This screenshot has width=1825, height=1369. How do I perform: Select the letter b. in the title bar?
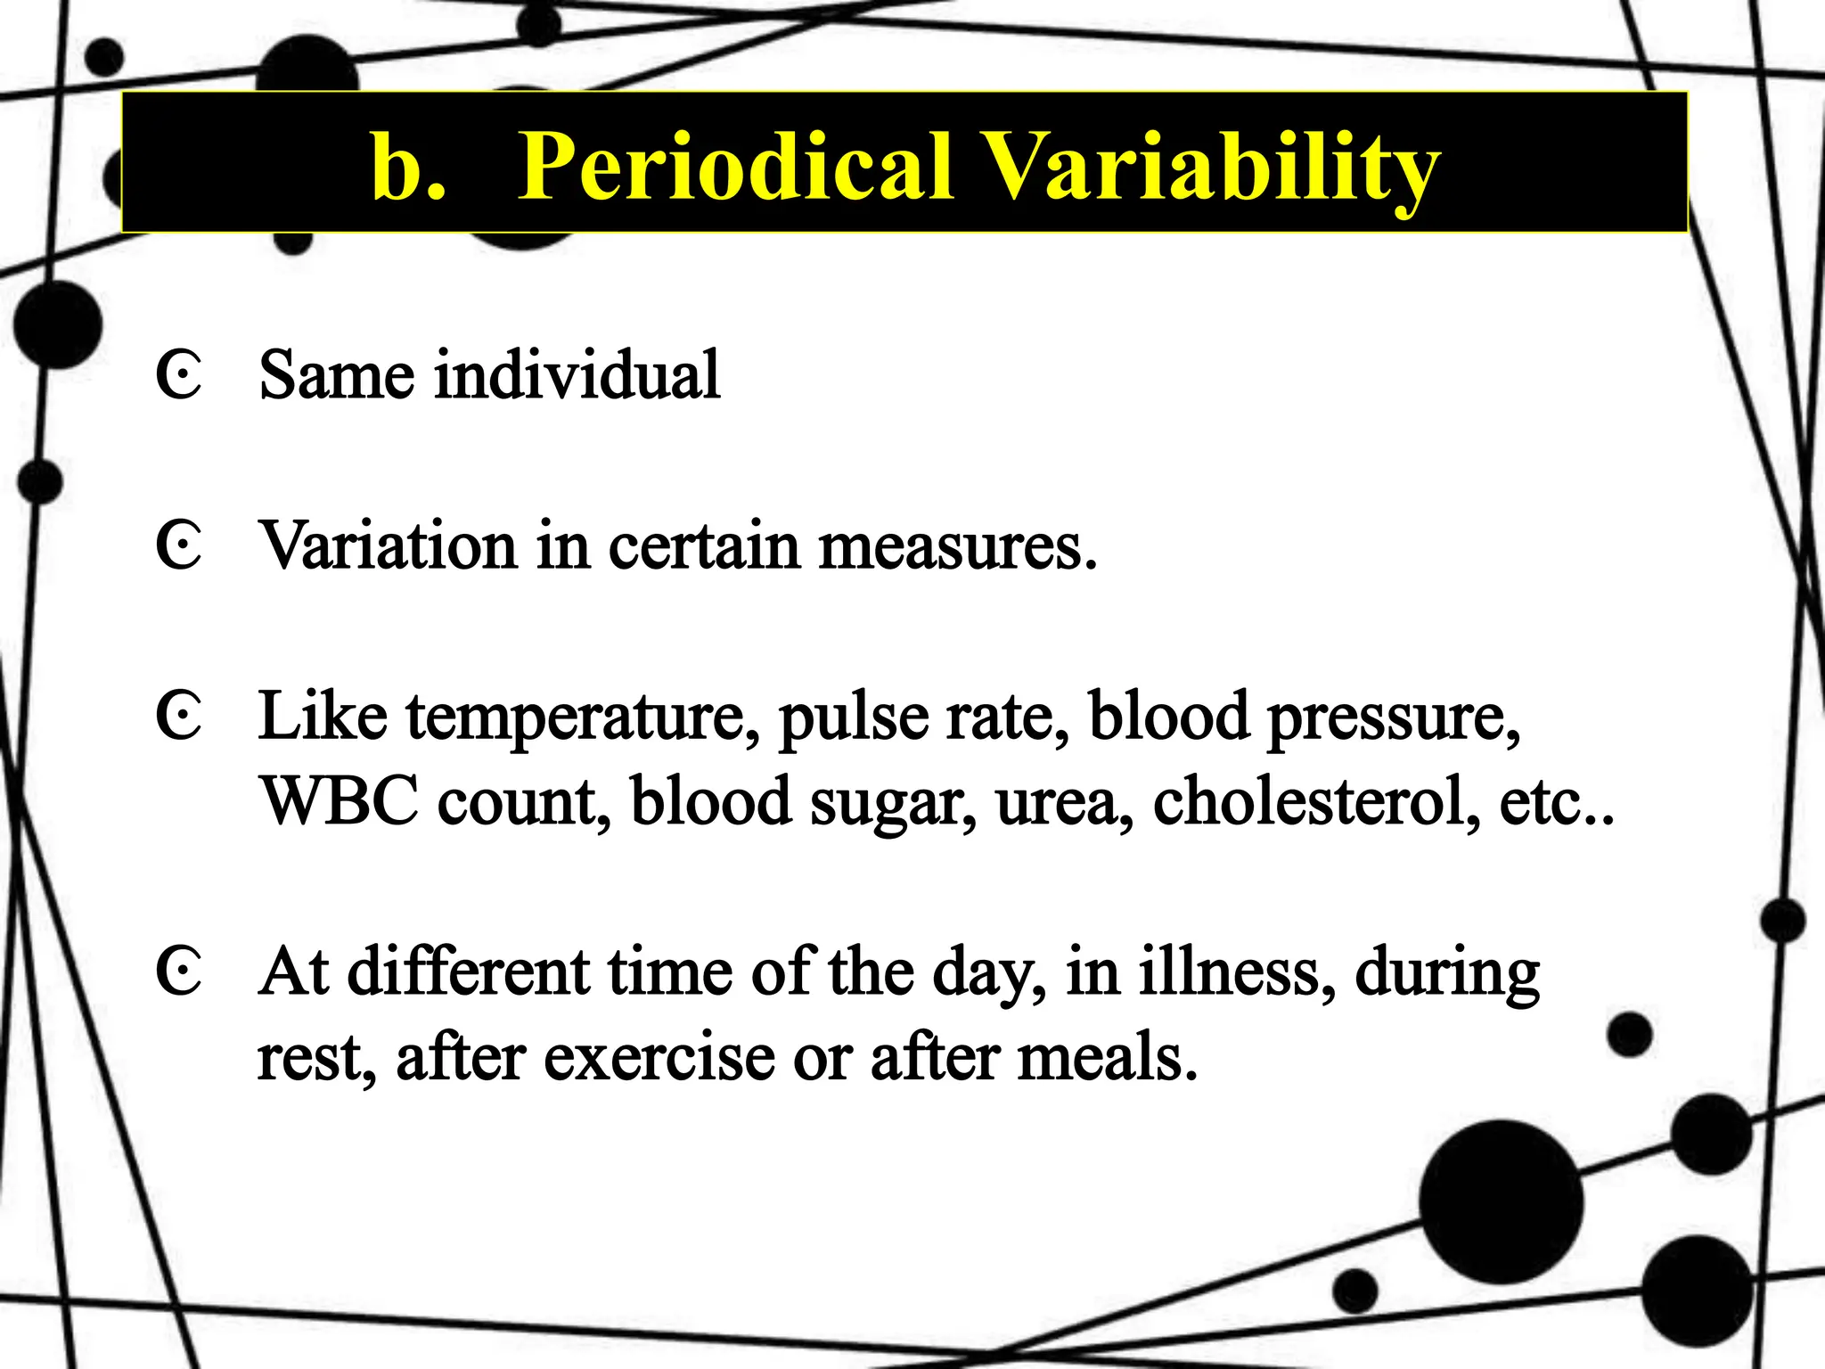click(x=408, y=167)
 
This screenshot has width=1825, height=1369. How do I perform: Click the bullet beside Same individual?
click(x=178, y=375)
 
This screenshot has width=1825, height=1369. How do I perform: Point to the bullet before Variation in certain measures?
click(x=178, y=545)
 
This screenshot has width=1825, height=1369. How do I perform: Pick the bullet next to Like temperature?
click(x=178, y=716)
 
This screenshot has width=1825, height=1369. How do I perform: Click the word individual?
click(x=577, y=374)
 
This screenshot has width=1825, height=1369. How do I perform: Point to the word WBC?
click(x=339, y=800)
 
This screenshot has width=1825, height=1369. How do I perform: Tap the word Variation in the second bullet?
click(x=388, y=545)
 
